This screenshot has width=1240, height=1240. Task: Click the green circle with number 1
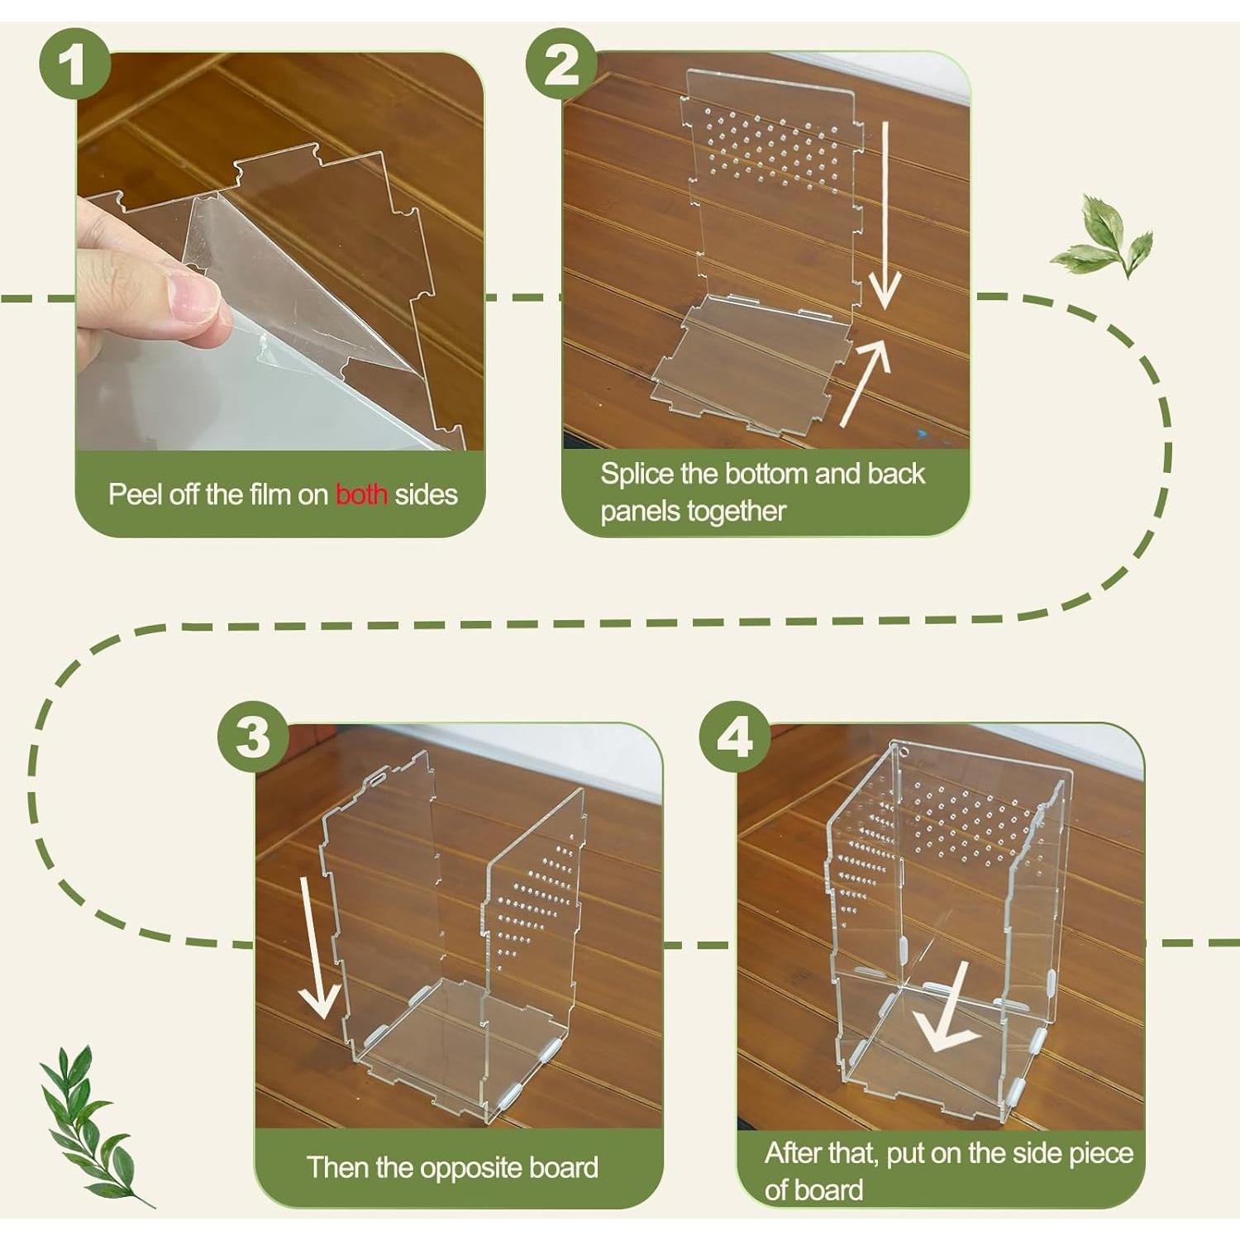point(75,64)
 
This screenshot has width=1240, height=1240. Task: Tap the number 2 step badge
point(561,64)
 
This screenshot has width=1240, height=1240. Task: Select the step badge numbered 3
point(253,737)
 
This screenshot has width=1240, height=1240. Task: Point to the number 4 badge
point(735,737)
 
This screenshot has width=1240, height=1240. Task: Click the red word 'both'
point(361,494)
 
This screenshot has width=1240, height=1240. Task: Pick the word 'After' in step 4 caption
point(793,1152)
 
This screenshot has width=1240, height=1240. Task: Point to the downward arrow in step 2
point(884,216)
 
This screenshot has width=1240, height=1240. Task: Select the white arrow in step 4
point(947,1006)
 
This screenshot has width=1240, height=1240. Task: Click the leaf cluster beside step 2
point(1102,236)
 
